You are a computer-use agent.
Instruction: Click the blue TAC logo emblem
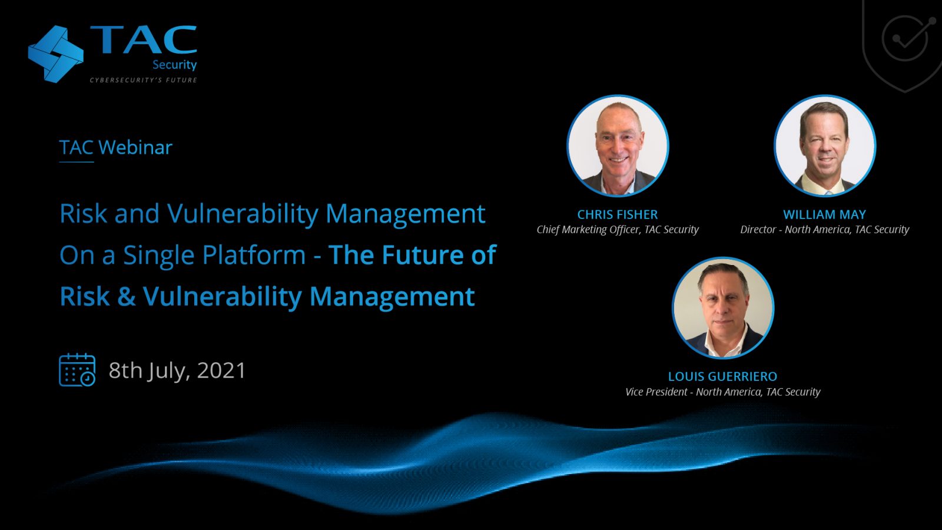[56, 54]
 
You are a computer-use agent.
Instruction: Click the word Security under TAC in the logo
[174, 65]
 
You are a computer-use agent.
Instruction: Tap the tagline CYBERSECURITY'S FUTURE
[144, 80]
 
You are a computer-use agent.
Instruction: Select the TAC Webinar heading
[115, 147]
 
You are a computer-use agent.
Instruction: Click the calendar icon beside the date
[77, 370]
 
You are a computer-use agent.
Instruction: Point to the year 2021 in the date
[221, 370]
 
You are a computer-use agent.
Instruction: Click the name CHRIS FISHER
[618, 214]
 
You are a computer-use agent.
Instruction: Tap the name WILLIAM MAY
[825, 214]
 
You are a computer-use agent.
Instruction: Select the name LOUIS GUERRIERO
[722, 376]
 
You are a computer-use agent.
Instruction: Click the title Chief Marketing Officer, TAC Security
[618, 230]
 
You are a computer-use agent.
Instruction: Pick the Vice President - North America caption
[722, 392]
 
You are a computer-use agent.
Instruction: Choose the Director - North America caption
[825, 230]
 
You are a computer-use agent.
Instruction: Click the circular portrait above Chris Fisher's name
[618, 145]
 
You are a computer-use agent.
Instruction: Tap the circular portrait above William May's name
[825, 145]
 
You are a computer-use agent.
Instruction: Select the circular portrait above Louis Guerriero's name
[723, 307]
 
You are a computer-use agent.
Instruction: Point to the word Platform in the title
[256, 255]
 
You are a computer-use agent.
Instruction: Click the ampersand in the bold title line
[127, 296]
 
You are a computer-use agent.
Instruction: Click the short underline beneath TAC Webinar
[77, 162]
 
